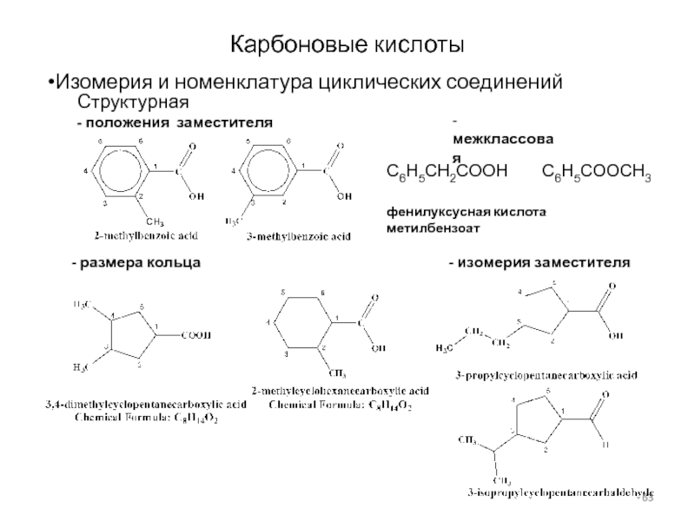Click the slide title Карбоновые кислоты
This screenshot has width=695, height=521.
point(347,43)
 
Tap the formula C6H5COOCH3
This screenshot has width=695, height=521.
point(597,175)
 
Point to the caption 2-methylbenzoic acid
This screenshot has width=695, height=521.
point(146,235)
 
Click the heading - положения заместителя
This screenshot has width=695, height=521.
point(174,123)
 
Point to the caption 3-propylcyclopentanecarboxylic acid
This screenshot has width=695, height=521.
point(546,375)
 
